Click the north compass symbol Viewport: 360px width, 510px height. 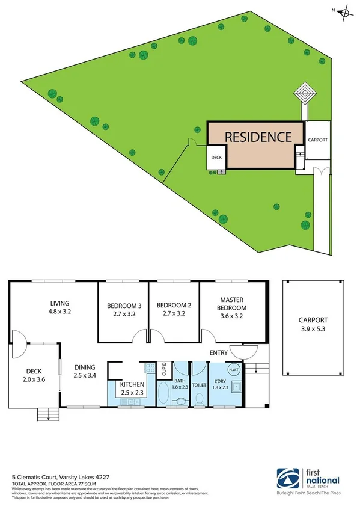pos(344,12)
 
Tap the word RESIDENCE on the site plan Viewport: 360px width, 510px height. pos(258,137)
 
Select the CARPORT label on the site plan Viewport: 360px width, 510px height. pos(317,140)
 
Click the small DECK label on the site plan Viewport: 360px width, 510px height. pos(217,159)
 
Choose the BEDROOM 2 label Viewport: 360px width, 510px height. pos(172,304)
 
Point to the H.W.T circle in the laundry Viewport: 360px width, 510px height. pos(235,369)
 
